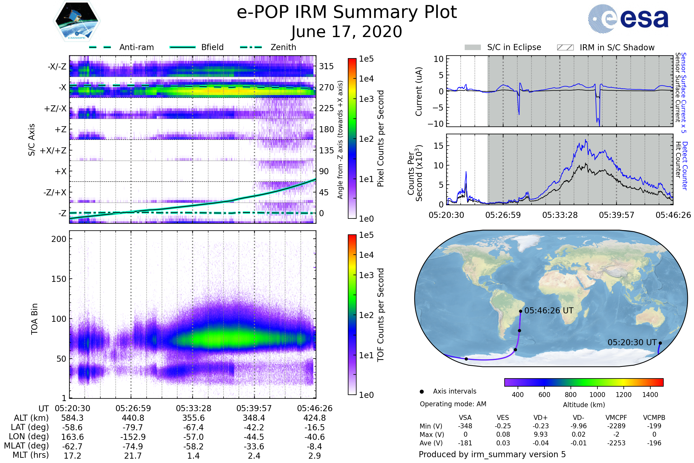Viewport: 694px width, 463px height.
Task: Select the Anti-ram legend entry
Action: pyautogui.click(x=136, y=47)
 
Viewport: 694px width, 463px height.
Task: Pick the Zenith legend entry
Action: pyautogui.click(x=283, y=47)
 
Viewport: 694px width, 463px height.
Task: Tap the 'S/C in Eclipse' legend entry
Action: pyautogui.click(x=514, y=47)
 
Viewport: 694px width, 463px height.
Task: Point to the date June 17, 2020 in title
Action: pyautogui.click(x=346, y=32)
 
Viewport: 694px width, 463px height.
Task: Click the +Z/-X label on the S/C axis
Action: pyautogui.click(x=55, y=109)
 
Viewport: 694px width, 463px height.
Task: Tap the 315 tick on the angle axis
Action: pyautogui.click(x=326, y=67)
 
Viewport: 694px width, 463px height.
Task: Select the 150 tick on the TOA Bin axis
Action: pyautogui.click(x=59, y=279)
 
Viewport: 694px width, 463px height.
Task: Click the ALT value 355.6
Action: pyautogui.click(x=193, y=418)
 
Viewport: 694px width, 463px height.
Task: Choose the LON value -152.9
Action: pyautogui.click(x=133, y=437)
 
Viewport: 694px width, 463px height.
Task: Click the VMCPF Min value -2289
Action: pyautogui.click(x=616, y=426)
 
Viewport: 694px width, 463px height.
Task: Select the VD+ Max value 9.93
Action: pyautogui.click(x=540, y=434)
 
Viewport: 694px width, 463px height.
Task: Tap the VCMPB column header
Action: pyautogui.click(x=654, y=418)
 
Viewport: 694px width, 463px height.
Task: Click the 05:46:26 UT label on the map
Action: pyautogui.click(x=549, y=310)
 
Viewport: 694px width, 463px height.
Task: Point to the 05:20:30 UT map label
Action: pyautogui.click(x=632, y=343)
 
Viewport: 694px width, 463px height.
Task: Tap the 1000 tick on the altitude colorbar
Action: pyautogui.click(x=597, y=395)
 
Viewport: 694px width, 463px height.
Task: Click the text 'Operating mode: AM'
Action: pyautogui.click(x=453, y=404)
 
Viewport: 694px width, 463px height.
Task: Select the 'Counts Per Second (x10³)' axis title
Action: pyautogui.click(x=415, y=173)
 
